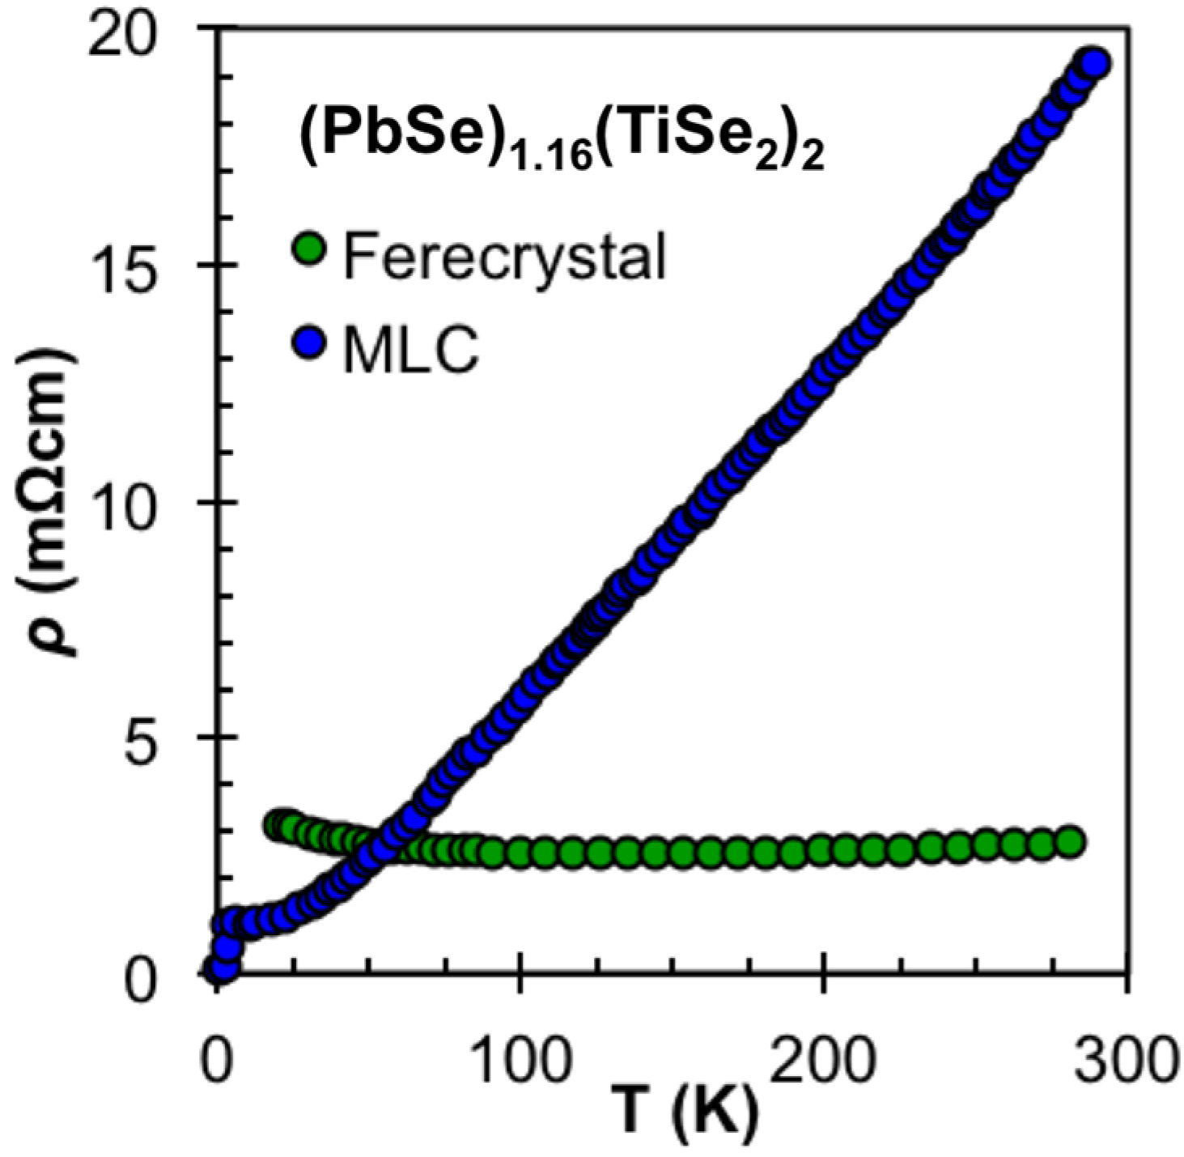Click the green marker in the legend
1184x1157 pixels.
pos(308,249)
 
